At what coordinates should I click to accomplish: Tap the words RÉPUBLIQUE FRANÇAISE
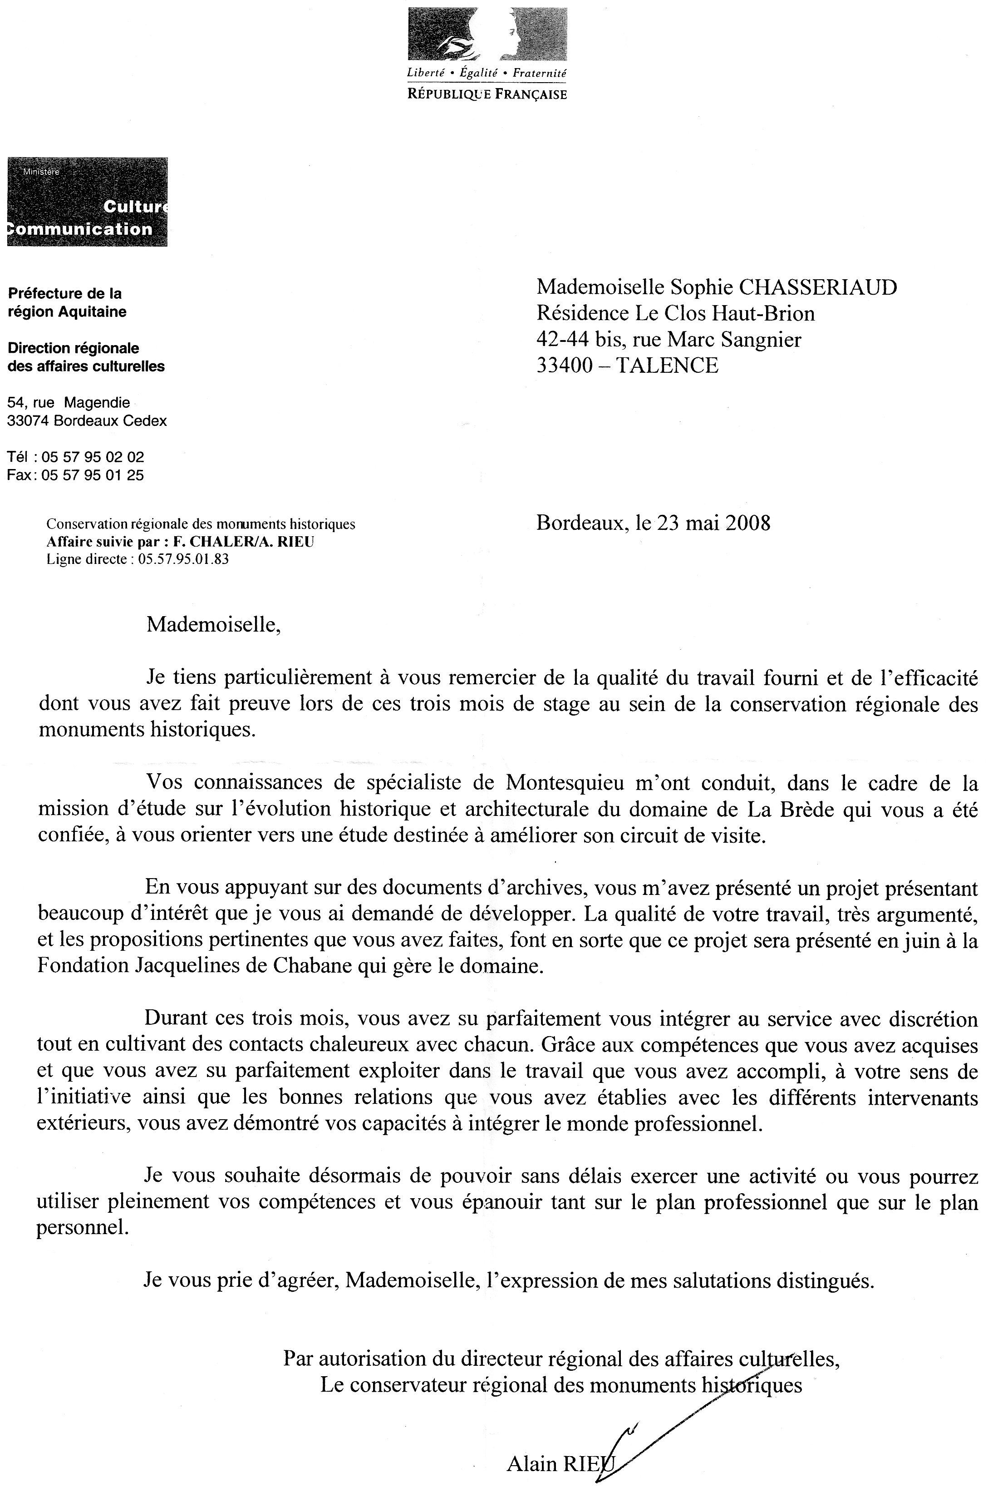tap(487, 94)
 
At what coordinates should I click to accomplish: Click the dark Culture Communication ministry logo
tap(87, 202)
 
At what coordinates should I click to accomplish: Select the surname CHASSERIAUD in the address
tap(818, 287)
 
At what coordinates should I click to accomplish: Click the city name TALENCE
tap(666, 366)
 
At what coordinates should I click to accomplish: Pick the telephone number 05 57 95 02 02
tap(93, 457)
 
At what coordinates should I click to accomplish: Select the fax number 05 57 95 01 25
tap(93, 475)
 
